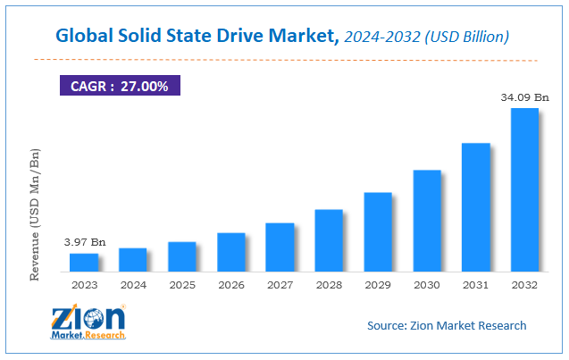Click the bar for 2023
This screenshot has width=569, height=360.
(x=84, y=262)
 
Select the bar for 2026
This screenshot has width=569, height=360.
(x=230, y=252)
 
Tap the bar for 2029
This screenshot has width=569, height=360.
(x=378, y=231)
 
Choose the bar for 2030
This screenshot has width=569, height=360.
(x=427, y=221)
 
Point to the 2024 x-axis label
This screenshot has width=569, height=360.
(x=132, y=285)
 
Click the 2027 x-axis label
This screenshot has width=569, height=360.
(x=280, y=285)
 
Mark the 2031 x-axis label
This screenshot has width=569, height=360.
(x=475, y=285)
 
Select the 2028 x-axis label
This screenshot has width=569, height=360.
(x=329, y=285)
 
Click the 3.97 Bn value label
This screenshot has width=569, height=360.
(x=84, y=242)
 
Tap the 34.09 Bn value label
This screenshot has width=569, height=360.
(x=524, y=96)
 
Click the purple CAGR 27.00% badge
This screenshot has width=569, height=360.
(x=120, y=86)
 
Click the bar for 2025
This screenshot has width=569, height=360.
(x=182, y=256)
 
